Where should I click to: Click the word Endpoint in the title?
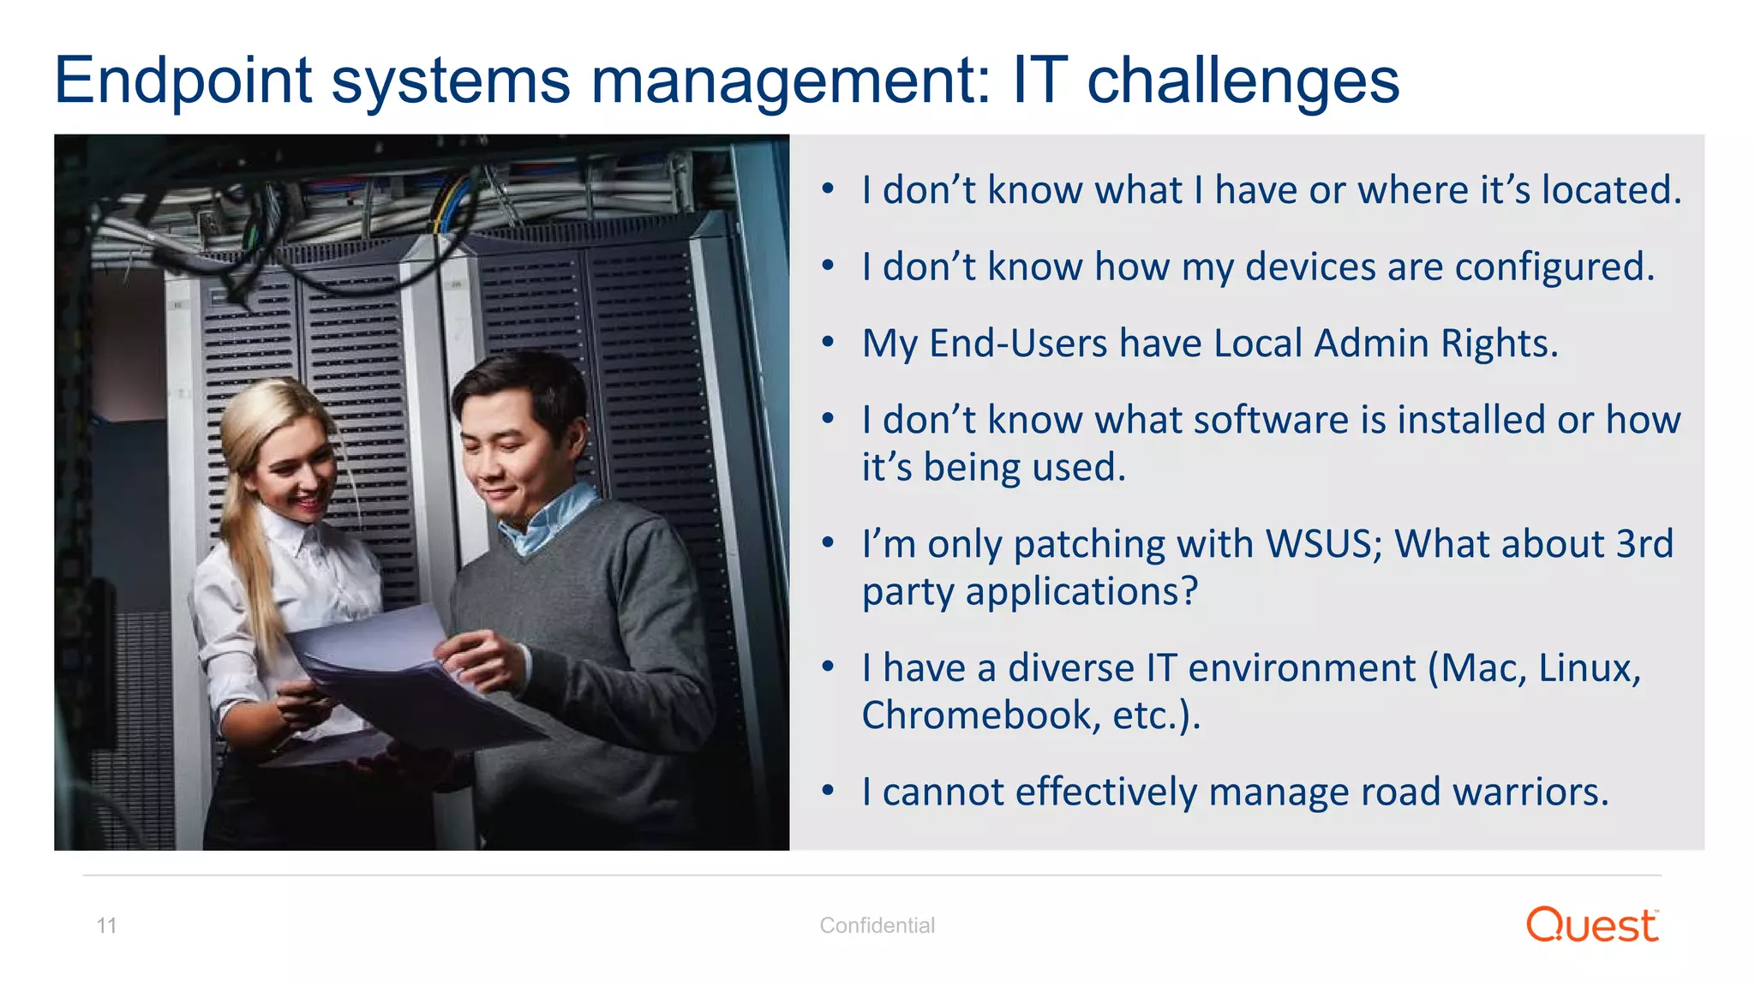183,81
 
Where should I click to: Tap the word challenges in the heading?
1243,81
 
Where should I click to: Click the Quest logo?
1592,925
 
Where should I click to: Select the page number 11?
106,925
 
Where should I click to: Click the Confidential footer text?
877,925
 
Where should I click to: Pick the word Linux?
1589,668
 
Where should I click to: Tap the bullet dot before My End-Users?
828,343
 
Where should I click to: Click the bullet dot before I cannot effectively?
828,791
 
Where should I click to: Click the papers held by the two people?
403,677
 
